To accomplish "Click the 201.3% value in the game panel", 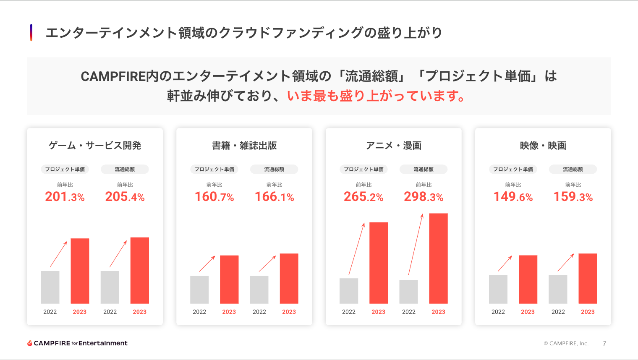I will tap(65, 197).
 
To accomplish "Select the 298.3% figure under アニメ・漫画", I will tap(424, 197).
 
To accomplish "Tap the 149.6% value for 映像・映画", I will tap(513, 197).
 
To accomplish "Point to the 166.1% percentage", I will tap(274, 197).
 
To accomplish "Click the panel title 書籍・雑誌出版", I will tap(244, 146).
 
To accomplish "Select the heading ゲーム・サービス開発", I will tap(95, 146).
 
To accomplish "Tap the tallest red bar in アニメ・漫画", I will tap(438, 258).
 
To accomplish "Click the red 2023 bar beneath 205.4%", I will tap(140, 271).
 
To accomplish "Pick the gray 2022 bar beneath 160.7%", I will tap(199, 290).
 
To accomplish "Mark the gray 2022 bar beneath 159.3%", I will tap(558, 289).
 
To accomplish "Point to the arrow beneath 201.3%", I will tap(59, 254).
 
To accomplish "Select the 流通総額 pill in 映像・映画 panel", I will tap(573, 169).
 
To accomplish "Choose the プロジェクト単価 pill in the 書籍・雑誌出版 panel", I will tap(214, 169).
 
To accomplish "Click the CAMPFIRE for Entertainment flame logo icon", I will tap(30, 343).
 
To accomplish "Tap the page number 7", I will tap(604, 343).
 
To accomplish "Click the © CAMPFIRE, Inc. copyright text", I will tap(566, 343).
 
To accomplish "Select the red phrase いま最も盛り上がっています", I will tap(376, 96).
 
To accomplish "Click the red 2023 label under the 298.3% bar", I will tap(438, 312).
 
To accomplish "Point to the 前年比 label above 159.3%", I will tap(573, 185).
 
